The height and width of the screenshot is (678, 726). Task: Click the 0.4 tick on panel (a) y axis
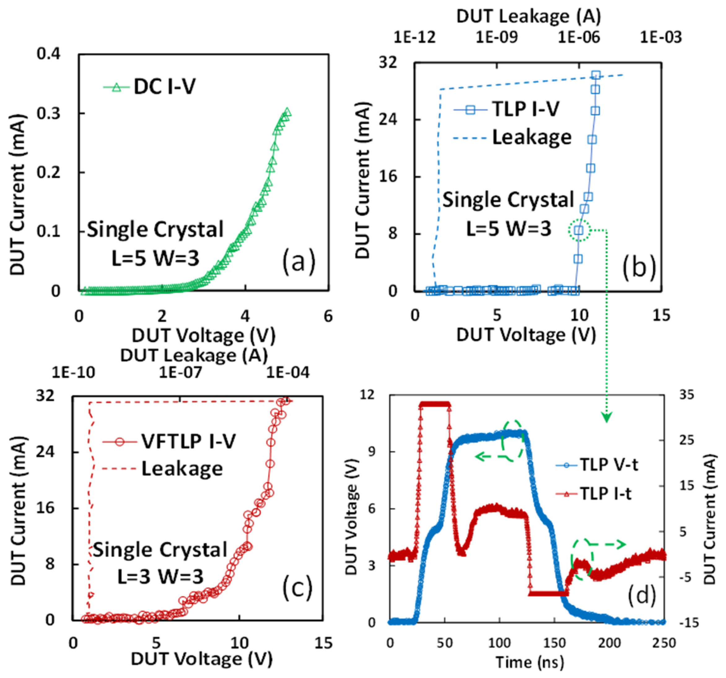[48, 54]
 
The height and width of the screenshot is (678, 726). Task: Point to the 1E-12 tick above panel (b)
[414, 37]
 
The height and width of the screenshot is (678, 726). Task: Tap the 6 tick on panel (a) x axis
[328, 316]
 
